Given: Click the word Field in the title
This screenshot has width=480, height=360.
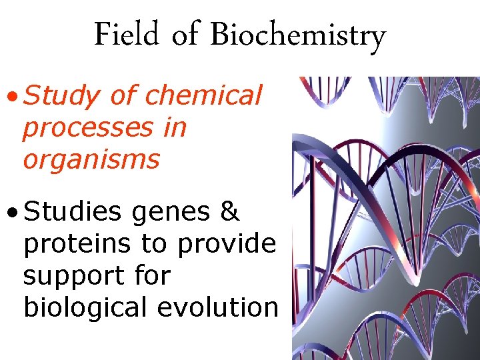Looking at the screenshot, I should pyautogui.click(x=127, y=35).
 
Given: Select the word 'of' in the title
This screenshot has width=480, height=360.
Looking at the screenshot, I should pyautogui.click(x=185, y=35).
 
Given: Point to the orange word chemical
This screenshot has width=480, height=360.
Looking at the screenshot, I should pyautogui.click(x=203, y=95).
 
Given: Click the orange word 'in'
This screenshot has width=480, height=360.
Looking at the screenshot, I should pyautogui.click(x=175, y=127).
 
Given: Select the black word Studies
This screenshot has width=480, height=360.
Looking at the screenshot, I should pyautogui.click(x=72, y=211).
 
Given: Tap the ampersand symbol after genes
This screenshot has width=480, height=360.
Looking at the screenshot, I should pyautogui.click(x=229, y=211).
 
